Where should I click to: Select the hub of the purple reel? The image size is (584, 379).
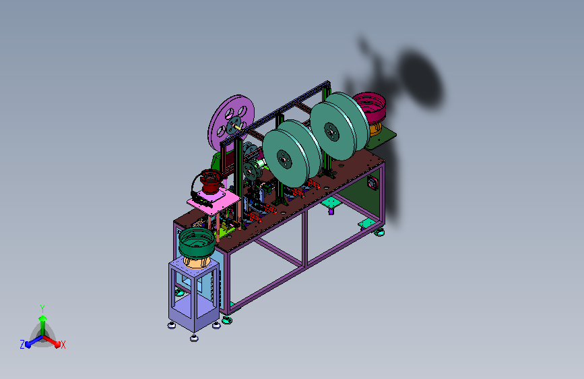point(234,125)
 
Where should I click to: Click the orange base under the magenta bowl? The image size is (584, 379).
point(375,128)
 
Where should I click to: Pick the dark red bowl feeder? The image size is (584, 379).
point(211,181)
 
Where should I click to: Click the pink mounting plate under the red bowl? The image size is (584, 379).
point(214,202)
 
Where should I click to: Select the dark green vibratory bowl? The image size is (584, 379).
point(196,243)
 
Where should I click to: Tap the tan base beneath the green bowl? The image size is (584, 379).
point(196,262)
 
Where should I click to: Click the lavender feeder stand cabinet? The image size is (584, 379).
point(194,295)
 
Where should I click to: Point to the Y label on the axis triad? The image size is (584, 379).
point(42,308)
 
